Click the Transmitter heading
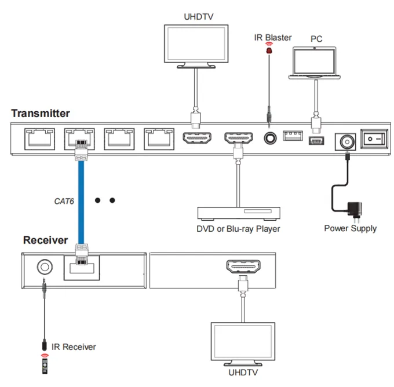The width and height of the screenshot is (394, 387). tap(41, 114)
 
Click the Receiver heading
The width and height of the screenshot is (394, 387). tap(45, 240)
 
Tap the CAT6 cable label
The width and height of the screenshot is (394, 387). tap(64, 201)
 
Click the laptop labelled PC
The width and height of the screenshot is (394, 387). tap(315, 63)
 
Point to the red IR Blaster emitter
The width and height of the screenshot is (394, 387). tap(269, 50)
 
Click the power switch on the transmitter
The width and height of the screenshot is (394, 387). tap(374, 138)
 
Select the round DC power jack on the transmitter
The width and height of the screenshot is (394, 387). tap(347, 142)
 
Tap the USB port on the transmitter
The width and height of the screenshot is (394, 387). tap(293, 136)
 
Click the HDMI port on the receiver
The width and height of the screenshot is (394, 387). tap(243, 266)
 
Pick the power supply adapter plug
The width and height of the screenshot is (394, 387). tap(355, 211)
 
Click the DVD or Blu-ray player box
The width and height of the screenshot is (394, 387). tap(239, 213)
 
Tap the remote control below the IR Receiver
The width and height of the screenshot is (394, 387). tap(45, 366)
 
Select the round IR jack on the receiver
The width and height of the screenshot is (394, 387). tap(45, 267)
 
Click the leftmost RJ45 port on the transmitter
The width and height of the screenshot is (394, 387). tap(40, 139)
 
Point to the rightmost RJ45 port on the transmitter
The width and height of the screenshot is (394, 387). tap(159, 139)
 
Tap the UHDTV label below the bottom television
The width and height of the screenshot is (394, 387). tap(243, 372)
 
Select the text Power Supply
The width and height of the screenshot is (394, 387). tap(351, 228)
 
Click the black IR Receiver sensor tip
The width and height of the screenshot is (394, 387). tap(45, 345)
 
